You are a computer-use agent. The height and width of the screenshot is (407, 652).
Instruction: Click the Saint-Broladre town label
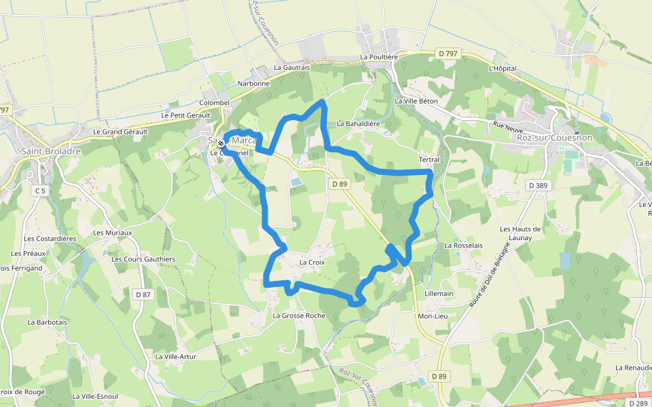point(51,151)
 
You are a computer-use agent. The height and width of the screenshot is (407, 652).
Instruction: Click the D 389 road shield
point(541,185)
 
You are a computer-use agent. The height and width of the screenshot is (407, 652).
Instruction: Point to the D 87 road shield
point(143,294)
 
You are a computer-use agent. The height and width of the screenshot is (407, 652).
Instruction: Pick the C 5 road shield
point(40,191)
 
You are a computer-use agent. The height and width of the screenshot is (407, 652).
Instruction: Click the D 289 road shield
point(638,403)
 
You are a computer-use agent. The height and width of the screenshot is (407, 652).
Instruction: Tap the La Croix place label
point(312,262)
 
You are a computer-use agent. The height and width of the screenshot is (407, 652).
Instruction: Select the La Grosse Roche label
point(299,315)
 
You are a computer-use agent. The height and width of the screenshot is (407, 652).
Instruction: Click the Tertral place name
point(429,159)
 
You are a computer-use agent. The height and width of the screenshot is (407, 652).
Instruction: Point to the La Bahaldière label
point(359,124)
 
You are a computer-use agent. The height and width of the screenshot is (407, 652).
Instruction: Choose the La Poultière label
point(379,57)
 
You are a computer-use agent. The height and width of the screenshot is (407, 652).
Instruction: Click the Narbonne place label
point(253,83)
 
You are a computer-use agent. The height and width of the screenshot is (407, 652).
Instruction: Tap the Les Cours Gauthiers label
point(143,259)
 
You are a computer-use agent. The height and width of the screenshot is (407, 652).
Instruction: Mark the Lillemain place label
point(438,293)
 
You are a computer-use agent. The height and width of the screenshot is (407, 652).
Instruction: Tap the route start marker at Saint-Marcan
point(221,142)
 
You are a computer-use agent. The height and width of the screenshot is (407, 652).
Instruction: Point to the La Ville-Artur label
point(175,356)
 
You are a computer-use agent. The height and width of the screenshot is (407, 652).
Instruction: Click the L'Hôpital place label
point(503,69)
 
